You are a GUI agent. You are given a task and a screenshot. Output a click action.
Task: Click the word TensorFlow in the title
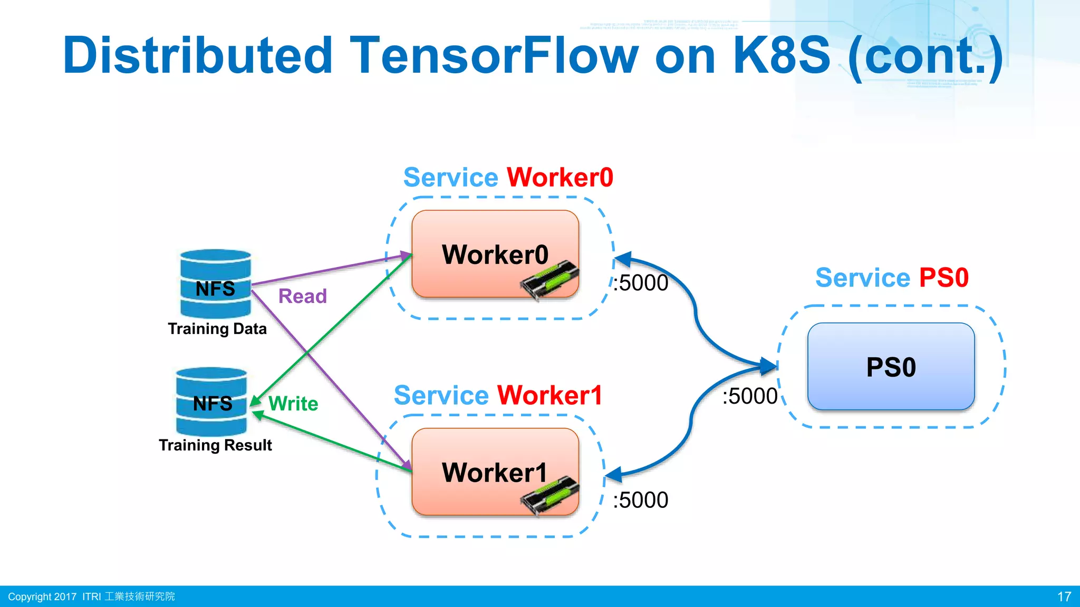(494, 55)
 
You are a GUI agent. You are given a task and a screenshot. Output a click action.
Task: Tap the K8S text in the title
(782, 55)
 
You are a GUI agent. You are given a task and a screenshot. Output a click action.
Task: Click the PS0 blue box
(891, 367)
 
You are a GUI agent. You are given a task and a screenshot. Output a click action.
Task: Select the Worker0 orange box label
(495, 254)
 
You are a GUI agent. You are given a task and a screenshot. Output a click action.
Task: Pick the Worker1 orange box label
(495, 473)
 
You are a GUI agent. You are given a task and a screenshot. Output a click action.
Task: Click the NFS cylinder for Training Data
(215, 284)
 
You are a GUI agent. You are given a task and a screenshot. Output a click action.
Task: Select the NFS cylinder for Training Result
(211, 402)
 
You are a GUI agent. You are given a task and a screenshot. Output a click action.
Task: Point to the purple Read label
(302, 296)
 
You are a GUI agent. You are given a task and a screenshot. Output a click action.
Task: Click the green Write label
(293, 404)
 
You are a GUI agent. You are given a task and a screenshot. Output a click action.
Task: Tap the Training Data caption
(217, 329)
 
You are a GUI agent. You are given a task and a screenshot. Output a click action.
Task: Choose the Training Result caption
(215, 445)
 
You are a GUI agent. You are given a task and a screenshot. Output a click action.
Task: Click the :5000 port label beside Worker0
(640, 283)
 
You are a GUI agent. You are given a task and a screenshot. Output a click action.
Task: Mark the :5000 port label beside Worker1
(640, 500)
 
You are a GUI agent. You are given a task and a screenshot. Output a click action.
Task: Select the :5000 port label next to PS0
(750, 396)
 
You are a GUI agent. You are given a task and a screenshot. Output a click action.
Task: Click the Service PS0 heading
(892, 278)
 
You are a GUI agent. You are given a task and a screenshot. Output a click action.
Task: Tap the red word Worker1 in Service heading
(549, 395)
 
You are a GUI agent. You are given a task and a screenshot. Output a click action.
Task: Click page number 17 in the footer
(1064, 596)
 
